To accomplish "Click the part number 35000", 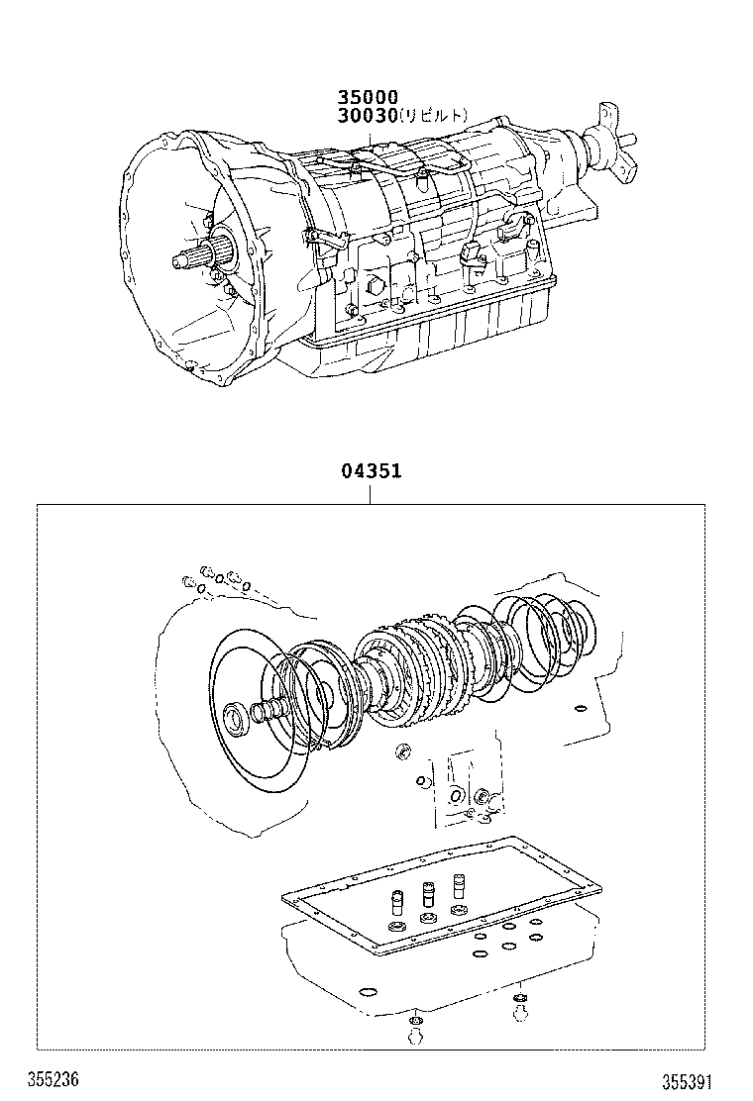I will [368, 97].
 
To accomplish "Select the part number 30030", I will [368, 116].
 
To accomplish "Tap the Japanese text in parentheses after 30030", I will [434, 117].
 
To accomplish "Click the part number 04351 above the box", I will [371, 471].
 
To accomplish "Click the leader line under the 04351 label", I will [371, 493].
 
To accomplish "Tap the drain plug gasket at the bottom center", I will [416, 1021].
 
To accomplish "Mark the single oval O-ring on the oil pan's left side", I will [369, 992].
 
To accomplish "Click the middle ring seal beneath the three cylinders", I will [428, 919].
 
